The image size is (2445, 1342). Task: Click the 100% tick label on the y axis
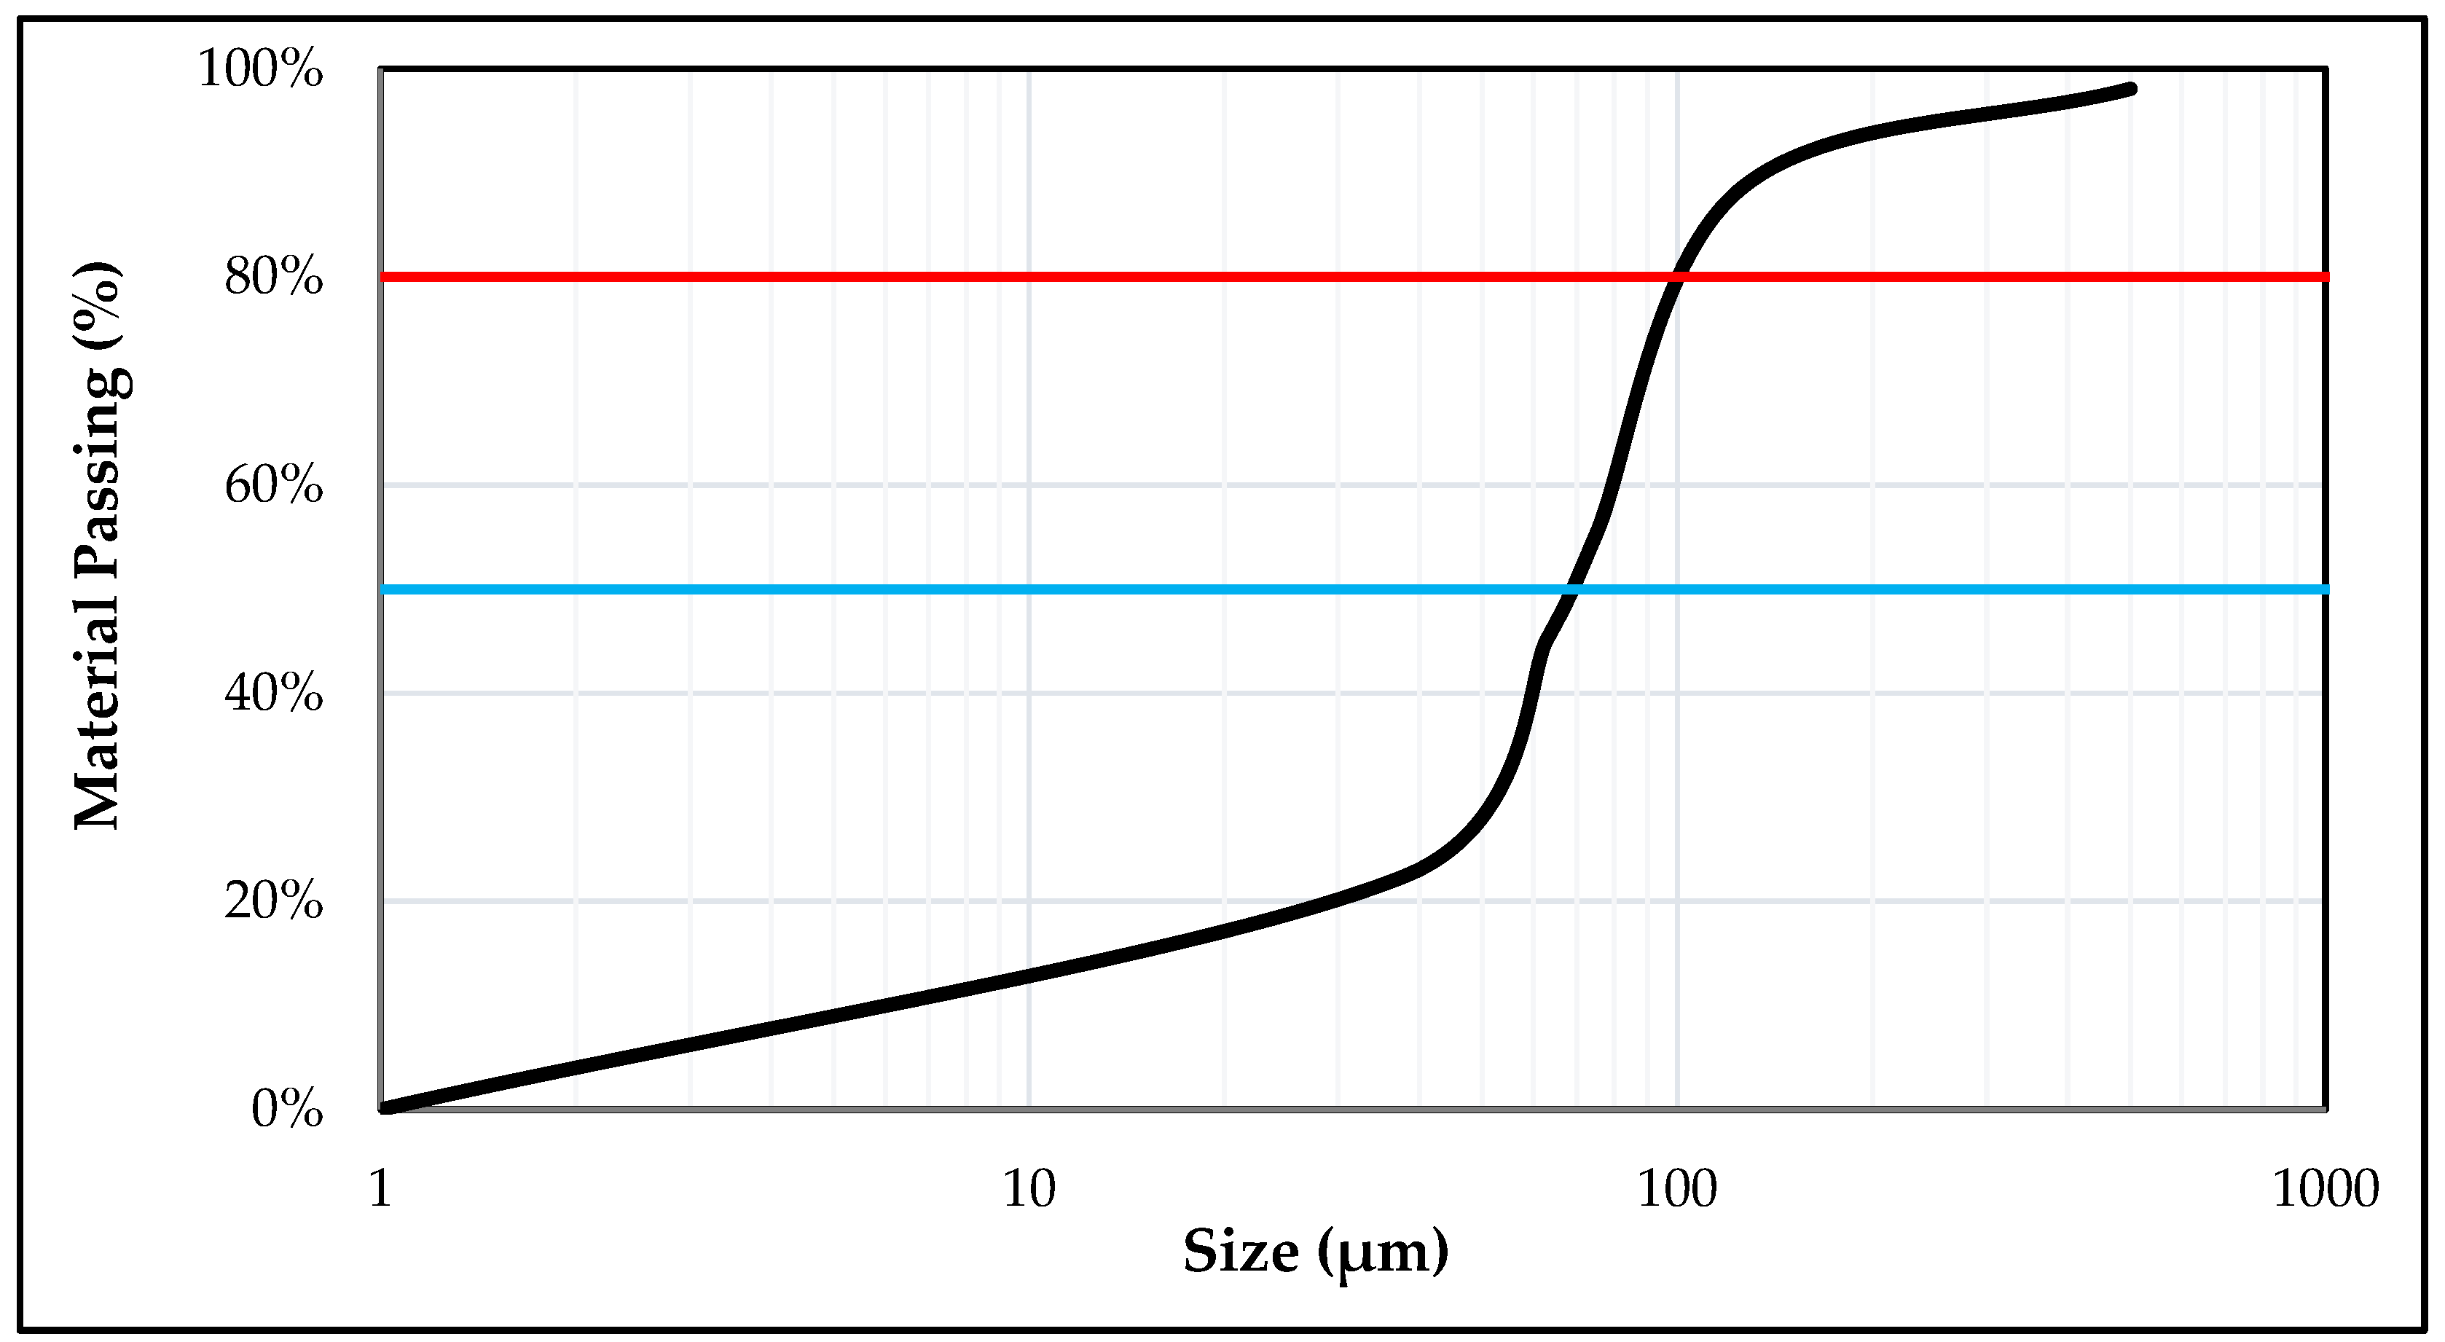[x=260, y=69]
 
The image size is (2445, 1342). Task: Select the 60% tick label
[x=273, y=486]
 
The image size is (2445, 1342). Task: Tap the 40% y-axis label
[x=273, y=694]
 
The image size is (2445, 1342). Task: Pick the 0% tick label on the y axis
[x=286, y=1109]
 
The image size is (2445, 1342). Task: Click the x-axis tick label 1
[x=380, y=1188]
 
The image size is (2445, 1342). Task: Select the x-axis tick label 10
[x=1029, y=1188]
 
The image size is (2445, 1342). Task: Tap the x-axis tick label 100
[x=1677, y=1188]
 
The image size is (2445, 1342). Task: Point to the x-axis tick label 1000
[x=2326, y=1188]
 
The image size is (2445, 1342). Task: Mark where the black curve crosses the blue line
[x=1570, y=589]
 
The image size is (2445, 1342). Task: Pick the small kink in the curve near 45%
[x=1542, y=646]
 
